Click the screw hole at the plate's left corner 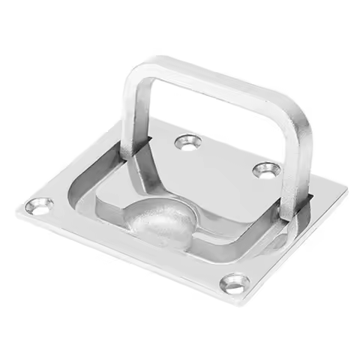[x=37, y=205]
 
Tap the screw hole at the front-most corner [x=235, y=283]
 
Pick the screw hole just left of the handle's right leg [x=263, y=170]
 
